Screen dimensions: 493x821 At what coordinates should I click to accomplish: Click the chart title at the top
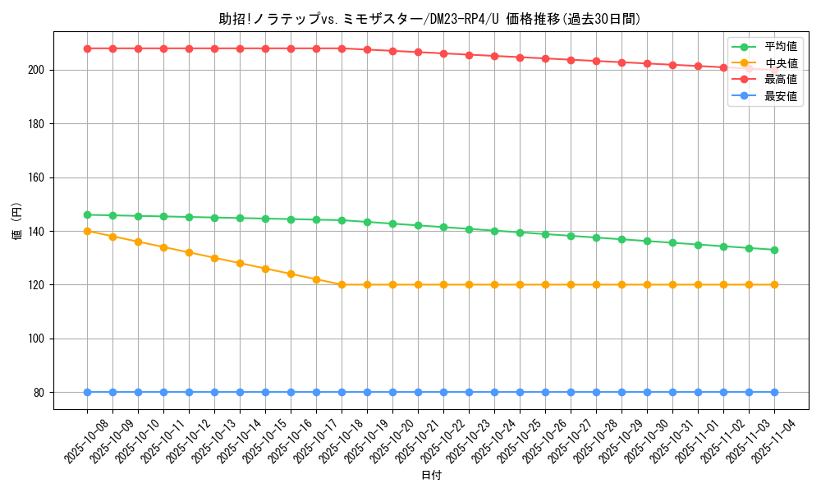pyautogui.click(x=429, y=19)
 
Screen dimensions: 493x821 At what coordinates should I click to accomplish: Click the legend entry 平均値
pyautogui.click(x=780, y=47)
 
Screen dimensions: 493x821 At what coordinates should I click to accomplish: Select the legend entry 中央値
pyautogui.click(x=780, y=63)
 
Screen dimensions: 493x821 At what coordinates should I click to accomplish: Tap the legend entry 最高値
pyautogui.click(x=780, y=80)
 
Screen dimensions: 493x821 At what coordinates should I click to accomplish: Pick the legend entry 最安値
pyautogui.click(x=780, y=96)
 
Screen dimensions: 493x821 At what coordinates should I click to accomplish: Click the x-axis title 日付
pyautogui.click(x=431, y=476)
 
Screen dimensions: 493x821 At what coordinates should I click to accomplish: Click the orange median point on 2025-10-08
pyautogui.click(x=87, y=231)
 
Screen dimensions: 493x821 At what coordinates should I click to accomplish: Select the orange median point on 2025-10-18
pyautogui.click(x=342, y=285)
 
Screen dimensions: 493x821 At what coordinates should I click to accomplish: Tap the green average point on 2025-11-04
pyautogui.click(x=774, y=250)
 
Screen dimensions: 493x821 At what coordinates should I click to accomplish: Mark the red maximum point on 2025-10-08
pyautogui.click(x=87, y=48)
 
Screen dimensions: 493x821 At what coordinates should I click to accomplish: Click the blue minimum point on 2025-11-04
pyautogui.click(x=774, y=392)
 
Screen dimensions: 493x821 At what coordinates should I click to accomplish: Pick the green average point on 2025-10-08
pyautogui.click(x=87, y=215)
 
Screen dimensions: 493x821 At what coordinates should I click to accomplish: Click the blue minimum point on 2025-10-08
pyautogui.click(x=87, y=392)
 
